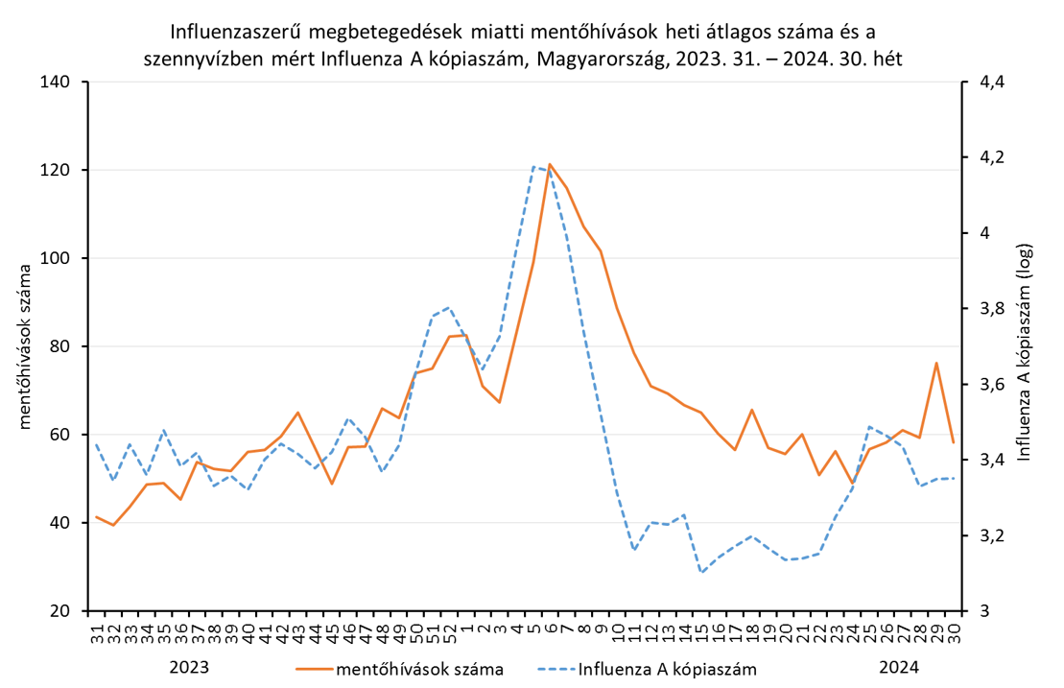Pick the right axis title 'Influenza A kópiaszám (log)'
[x=1026, y=346]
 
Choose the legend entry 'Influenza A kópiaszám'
[x=667, y=668]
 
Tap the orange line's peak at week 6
[x=550, y=164]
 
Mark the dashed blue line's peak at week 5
[x=533, y=166]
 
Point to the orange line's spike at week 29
[x=936, y=363]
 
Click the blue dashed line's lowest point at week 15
[x=701, y=572]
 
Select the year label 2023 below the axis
[x=189, y=667]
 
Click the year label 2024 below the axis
[x=899, y=667]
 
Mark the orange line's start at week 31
[x=96, y=516]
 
